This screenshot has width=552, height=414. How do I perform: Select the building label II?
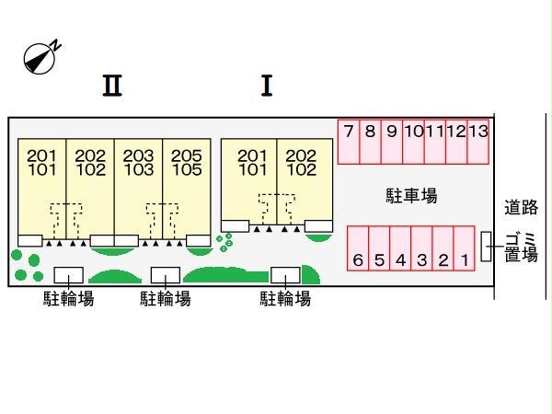(x=112, y=86)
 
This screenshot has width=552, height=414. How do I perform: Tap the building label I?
(x=267, y=86)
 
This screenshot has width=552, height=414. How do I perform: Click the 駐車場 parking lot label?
(x=410, y=195)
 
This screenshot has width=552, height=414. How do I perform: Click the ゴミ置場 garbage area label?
(x=521, y=248)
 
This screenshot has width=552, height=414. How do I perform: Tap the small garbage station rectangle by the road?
(x=488, y=247)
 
